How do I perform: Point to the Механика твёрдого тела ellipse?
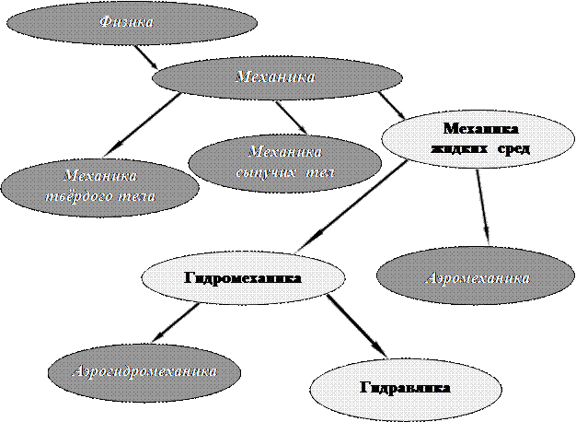(x=99, y=186)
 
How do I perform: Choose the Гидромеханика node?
(x=243, y=275)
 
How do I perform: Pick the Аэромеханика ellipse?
(x=477, y=275)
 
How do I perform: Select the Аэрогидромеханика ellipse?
(x=146, y=371)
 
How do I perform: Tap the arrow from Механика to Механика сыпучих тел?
(x=290, y=117)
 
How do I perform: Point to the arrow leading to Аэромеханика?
(x=482, y=207)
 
